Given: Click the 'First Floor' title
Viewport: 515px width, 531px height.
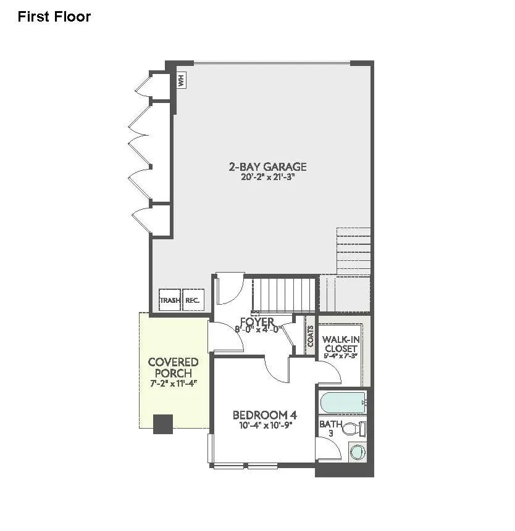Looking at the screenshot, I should coord(54,17).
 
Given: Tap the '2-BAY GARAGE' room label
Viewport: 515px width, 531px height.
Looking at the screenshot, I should coord(267,167).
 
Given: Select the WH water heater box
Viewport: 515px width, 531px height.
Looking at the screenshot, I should coord(182,80).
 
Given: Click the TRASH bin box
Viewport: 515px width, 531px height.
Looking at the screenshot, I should coord(170,300).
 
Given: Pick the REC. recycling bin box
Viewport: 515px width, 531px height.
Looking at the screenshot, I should coord(192,300).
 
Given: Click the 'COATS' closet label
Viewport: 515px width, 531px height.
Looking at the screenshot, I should coord(310,337).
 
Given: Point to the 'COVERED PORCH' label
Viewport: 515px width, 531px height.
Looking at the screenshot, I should coord(173,368).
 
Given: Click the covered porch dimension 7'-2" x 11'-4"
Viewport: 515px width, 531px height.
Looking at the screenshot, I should coord(173,383).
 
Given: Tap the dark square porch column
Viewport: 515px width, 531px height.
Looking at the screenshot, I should coord(163,424).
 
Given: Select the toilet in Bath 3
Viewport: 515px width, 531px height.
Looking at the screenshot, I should coord(353,428).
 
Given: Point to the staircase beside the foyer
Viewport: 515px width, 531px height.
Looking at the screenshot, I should coord(285,295).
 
